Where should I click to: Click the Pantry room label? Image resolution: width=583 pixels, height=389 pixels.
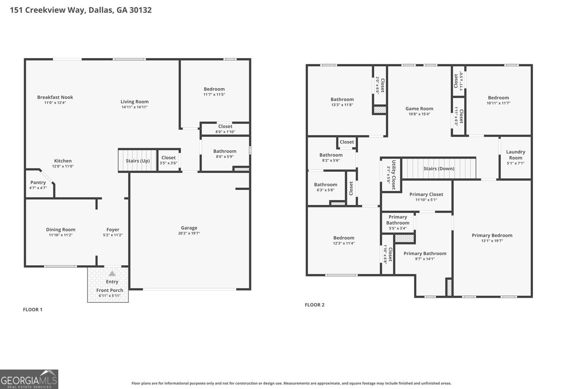click(38, 182)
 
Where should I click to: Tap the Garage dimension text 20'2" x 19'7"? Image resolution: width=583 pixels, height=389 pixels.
click(189, 233)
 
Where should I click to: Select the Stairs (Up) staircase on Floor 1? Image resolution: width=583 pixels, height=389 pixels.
click(137, 161)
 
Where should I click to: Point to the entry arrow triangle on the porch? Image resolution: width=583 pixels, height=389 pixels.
click(112, 273)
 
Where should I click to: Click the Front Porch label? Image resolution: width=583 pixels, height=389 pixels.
click(110, 290)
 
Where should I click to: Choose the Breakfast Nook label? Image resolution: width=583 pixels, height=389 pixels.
click(55, 97)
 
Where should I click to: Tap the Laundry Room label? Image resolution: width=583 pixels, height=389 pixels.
click(516, 155)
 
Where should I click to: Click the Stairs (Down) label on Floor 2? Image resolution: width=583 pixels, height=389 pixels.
click(439, 168)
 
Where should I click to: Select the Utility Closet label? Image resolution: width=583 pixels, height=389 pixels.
click(394, 175)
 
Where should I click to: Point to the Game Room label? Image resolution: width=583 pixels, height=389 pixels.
click(419, 108)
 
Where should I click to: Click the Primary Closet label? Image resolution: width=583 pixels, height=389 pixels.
click(426, 194)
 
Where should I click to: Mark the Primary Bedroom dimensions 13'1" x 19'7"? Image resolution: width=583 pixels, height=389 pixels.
click(492, 241)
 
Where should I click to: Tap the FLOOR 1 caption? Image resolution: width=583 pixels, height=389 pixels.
click(33, 310)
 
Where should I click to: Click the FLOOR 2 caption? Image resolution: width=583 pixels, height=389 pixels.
click(314, 305)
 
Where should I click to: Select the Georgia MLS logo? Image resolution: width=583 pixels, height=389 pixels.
click(29, 379)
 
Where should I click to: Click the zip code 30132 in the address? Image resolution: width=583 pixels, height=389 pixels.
click(140, 10)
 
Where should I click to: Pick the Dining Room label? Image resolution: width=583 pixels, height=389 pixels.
click(60, 229)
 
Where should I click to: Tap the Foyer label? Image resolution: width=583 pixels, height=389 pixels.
click(113, 229)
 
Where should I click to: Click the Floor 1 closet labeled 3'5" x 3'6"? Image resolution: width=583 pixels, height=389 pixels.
click(168, 160)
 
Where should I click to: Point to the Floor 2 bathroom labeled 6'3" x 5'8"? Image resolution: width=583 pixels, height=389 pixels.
click(325, 187)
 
